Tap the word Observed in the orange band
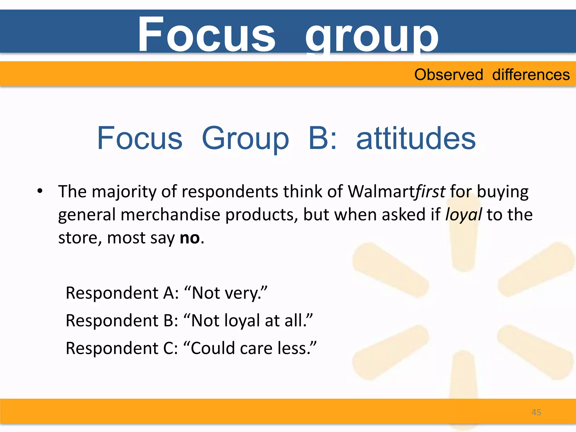pos(449,75)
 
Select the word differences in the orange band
pos(531,75)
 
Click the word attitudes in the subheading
pos(416,138)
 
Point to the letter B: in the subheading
pos(322,138)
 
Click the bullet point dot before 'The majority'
pos(40,191)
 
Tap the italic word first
pos(431,192)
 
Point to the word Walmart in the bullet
pos(382,192)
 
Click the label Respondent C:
pos(122,348)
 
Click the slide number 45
pos(536,412)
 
